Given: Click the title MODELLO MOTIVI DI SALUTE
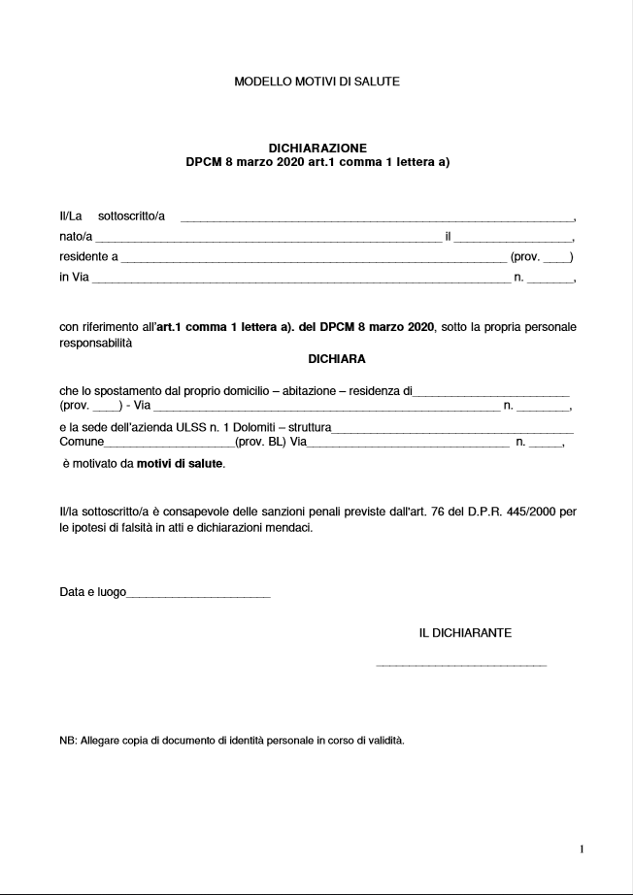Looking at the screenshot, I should pos(316,83).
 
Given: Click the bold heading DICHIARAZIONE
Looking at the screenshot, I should pos(316,149).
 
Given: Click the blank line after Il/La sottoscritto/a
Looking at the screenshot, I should pos(378,218).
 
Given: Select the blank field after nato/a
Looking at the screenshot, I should pos(268,239).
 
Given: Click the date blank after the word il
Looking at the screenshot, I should pos(514,239).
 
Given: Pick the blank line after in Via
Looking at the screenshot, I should pos(300,282).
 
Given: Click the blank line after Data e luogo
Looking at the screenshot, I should pos(198,594).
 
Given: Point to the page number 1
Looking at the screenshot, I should pos(582,849).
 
